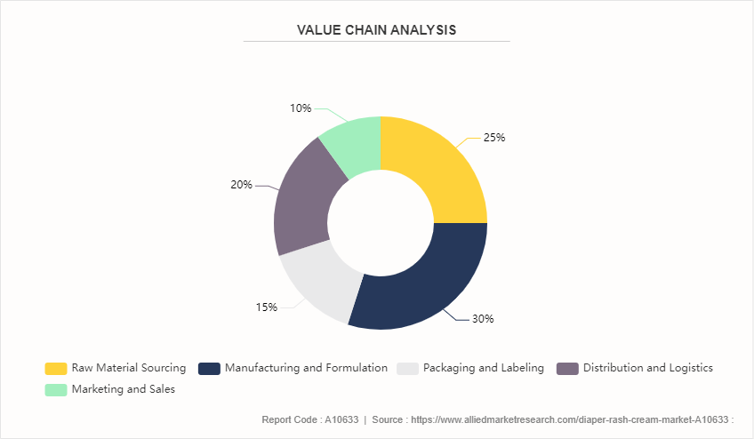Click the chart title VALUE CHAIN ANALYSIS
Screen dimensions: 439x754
pos(376,30)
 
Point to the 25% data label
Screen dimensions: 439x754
pos(494,138)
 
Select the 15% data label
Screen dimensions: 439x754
pos(267,307)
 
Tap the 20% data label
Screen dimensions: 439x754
pos(241,185)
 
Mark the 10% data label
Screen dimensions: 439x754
pos(300,108)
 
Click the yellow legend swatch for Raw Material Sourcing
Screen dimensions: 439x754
pos(56,368)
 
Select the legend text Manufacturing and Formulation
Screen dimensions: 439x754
pos(306,368)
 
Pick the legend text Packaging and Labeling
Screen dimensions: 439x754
pos(484,368)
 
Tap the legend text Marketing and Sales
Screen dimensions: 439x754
pos(124,389)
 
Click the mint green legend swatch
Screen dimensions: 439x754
pos(56,389)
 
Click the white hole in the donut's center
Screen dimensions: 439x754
pos(380,222)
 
